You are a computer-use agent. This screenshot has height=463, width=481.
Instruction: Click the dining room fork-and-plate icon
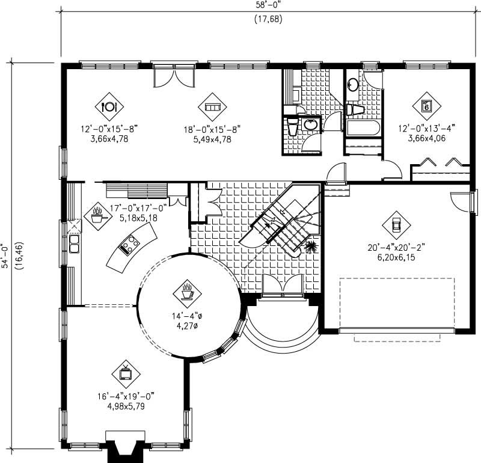coord(109,106)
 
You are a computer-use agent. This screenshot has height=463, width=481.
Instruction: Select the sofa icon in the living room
coord(212,106)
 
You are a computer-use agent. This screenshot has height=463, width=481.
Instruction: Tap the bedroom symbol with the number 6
coord(426,106)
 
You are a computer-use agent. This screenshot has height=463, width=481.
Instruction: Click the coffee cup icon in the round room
coord(188,292)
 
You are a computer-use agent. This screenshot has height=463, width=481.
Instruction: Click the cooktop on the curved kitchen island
coord(130,244)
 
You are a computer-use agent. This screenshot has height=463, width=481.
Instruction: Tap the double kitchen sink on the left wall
coord(75,243)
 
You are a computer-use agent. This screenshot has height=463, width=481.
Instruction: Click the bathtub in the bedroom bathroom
coord(363,128)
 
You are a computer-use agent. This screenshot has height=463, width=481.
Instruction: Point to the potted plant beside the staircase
coord(312,247)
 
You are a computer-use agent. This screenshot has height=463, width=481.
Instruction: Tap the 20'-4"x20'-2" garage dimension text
coord(396,247)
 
